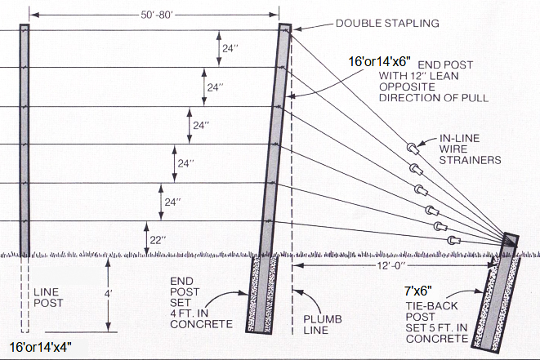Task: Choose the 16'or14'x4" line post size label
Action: [x=41, y=348]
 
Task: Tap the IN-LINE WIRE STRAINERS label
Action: [x=469, y=148]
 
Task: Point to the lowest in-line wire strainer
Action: [x=451, y=240]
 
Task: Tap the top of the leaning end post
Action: [x=285, y=29]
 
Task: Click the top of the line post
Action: [x=25, y=28]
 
